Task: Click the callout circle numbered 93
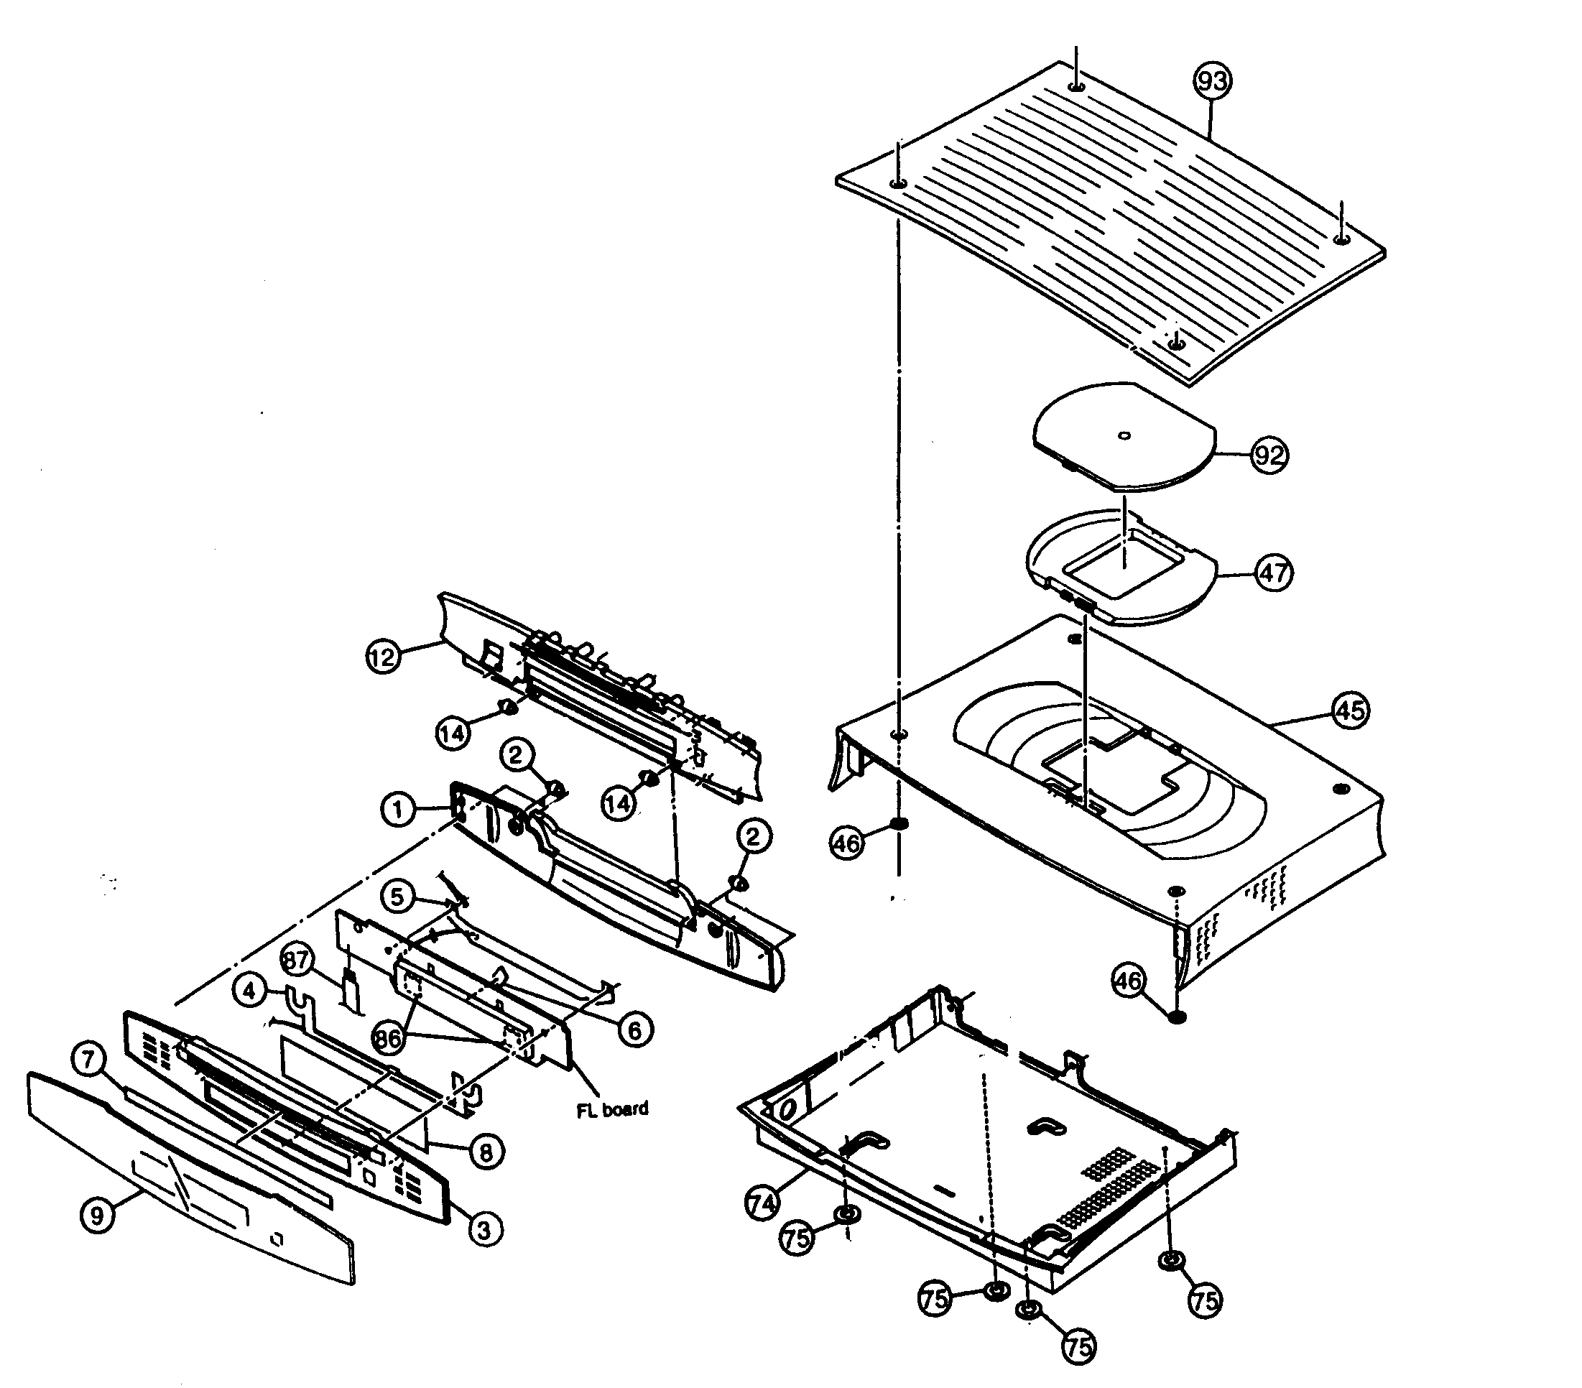coord(1212,81)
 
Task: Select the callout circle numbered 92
coord(1269,455)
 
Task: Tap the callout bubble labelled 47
coord(1273,573)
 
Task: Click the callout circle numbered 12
coord(382,657)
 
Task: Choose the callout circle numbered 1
coord(398,810)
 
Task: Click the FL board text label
coord(612,1109)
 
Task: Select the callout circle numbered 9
coord(97,1216)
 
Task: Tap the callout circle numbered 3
coord(484,1229)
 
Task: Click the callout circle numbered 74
coord(763,1204)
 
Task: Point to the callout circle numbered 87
coord(297,961)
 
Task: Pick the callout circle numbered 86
coord(388,1039)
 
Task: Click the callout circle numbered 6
coord(634,1030)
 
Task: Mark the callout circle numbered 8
coord(485,1152)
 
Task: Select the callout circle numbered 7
coord(89,1058)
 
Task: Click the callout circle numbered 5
coord(397,897)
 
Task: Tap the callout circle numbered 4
coord(249,991)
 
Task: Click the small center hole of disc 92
coord(1124,436)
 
